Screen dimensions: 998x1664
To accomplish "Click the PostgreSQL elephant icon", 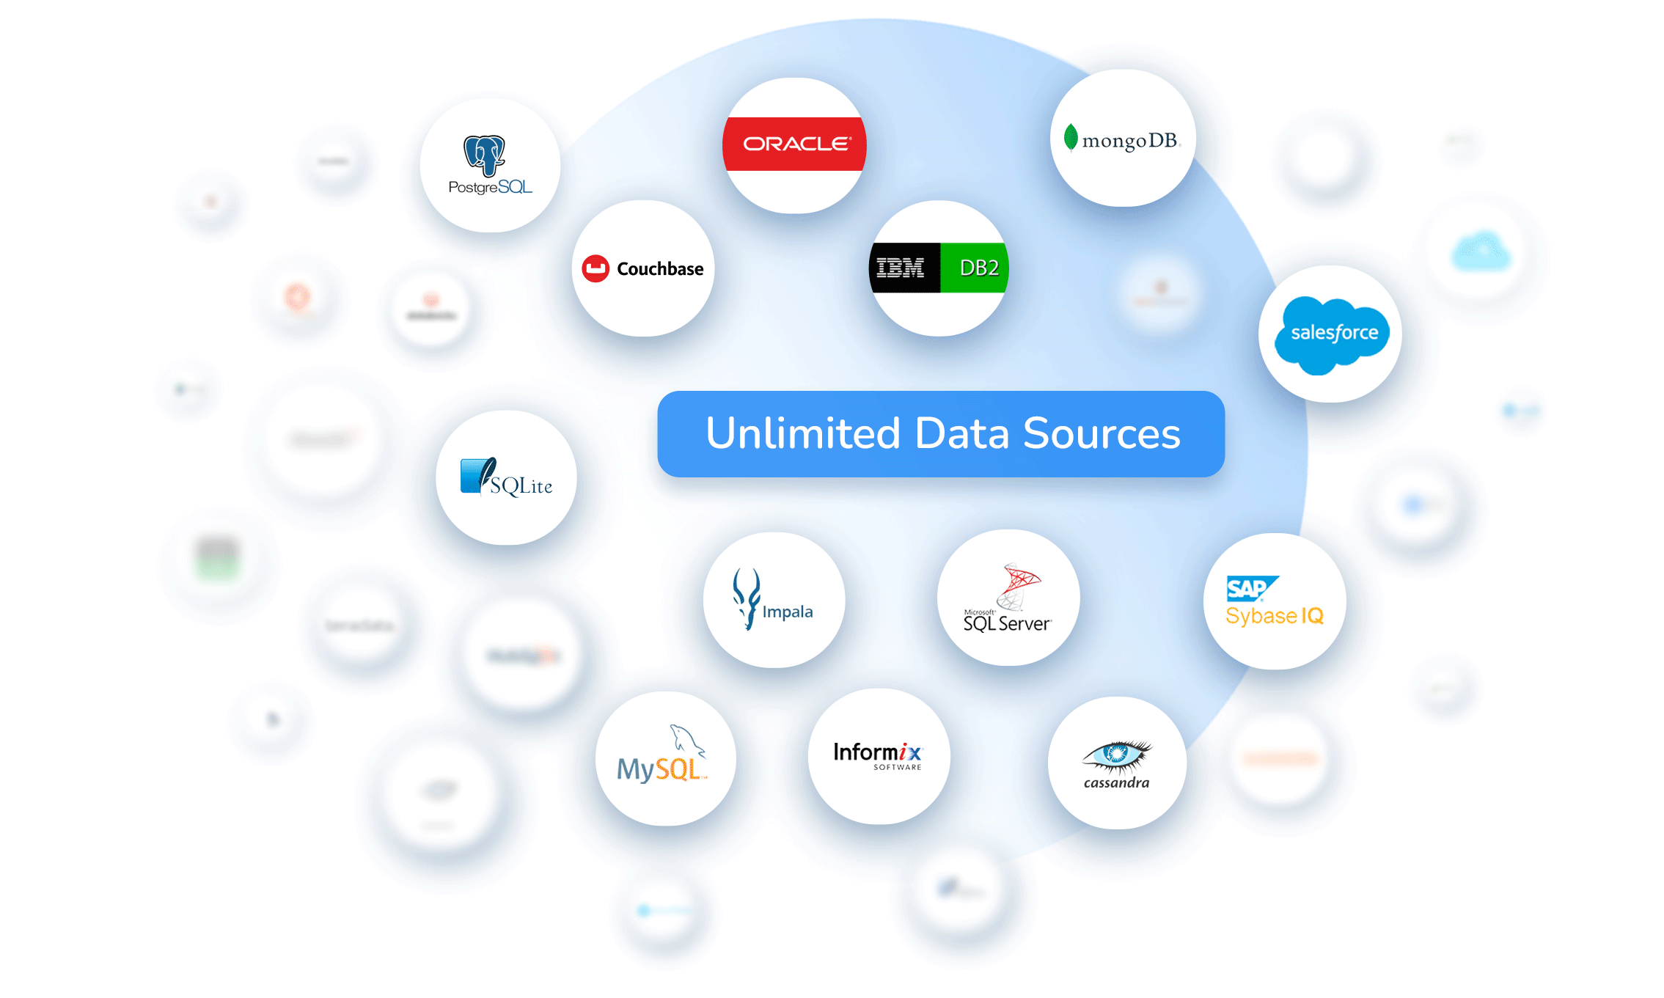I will click(484, 155).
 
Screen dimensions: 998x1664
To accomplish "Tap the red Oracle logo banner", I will click(795, 144).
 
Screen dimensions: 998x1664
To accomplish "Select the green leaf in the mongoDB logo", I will click(1071, 137).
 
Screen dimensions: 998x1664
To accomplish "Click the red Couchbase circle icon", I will click(595, 268).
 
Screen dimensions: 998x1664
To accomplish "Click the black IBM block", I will click(903, 268).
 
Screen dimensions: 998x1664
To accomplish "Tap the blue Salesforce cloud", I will click(1331, 334).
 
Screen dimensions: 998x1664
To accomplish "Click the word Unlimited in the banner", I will click(802, 433).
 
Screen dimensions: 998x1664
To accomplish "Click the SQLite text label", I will click(521, 485).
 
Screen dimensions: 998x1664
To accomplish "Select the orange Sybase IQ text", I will click(1274, 616).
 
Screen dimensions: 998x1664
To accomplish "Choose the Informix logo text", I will click(876, 753).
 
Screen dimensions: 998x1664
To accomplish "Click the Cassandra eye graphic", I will click(1116, 754).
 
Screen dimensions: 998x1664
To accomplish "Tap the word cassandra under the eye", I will click(1116, 783).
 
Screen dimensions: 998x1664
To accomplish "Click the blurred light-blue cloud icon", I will click(1481, 251).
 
